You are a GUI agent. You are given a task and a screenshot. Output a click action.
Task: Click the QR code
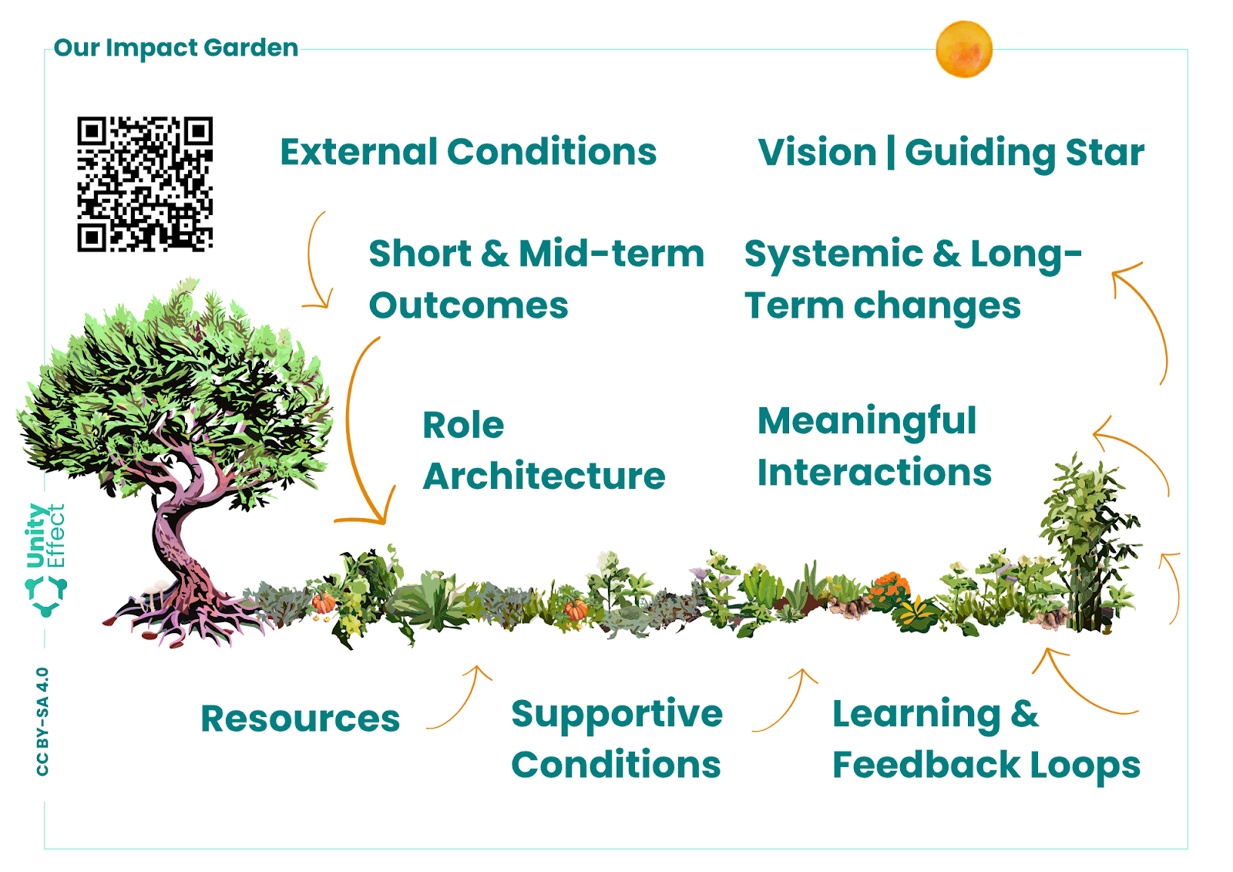click(145, 184)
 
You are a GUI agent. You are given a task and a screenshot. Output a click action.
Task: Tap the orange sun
click(964, 49)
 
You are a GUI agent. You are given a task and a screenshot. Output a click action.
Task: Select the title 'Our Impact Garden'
click(176, 48)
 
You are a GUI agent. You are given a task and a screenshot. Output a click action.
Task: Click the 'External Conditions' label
click(469, 151)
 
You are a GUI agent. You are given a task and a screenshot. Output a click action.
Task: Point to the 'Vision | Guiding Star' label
click(951, 153)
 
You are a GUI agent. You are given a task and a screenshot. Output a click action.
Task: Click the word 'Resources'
click(301, 719)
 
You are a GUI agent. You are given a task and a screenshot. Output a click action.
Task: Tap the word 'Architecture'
click(544, 476)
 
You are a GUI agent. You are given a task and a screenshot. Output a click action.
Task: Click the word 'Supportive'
click(617, 715)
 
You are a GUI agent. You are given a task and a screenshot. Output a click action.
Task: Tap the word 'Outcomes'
click(469, 306)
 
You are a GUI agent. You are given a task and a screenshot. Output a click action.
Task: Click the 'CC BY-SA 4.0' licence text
click(42, 722)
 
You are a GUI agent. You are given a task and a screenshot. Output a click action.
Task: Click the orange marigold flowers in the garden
click(889, 588)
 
